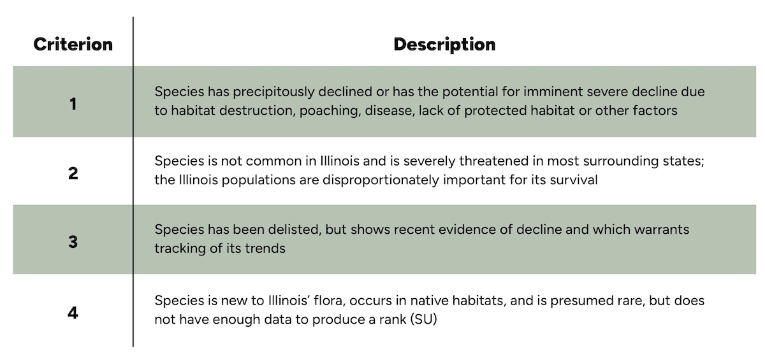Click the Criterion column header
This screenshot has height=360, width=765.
(73, 45)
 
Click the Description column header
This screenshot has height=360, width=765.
(444, 45)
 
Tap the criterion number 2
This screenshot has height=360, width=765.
(73, 172)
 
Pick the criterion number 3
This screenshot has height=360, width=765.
(73, 240)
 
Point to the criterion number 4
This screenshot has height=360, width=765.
(73, 313)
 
